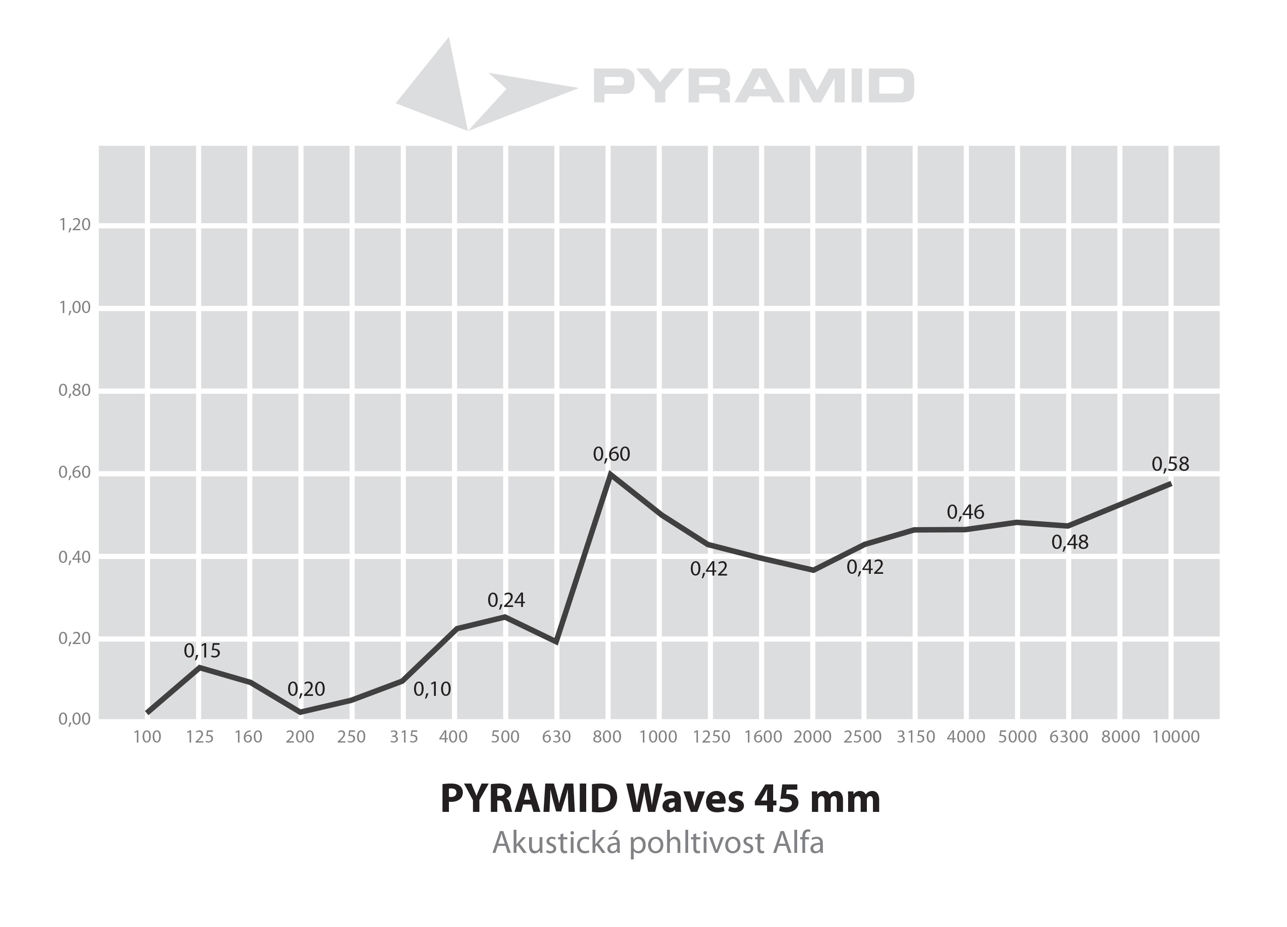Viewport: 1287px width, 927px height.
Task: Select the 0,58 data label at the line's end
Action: coord(1170,464)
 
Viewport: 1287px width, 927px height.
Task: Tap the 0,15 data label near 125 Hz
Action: coord(202,651)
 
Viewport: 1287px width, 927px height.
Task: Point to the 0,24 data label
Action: coord(506,600)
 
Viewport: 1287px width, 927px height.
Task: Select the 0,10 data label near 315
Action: coord(432,689)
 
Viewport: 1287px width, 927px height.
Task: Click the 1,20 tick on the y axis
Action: coord(75,225)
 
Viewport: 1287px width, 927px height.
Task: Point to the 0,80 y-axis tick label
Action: coord(75,391)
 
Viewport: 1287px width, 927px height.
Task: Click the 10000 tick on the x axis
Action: coord(1176,737)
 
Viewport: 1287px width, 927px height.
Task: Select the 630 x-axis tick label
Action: coord(556,737)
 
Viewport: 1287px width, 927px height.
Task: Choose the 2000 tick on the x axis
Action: coord(812,737)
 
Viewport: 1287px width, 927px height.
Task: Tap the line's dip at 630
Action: coord(557,641)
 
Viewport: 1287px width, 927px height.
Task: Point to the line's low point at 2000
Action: coord(814,570)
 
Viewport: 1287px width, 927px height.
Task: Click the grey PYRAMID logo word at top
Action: coord(754,86)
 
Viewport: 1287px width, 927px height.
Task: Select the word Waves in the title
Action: coord(686,799)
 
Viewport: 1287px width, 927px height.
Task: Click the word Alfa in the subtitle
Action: coord(798,842)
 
